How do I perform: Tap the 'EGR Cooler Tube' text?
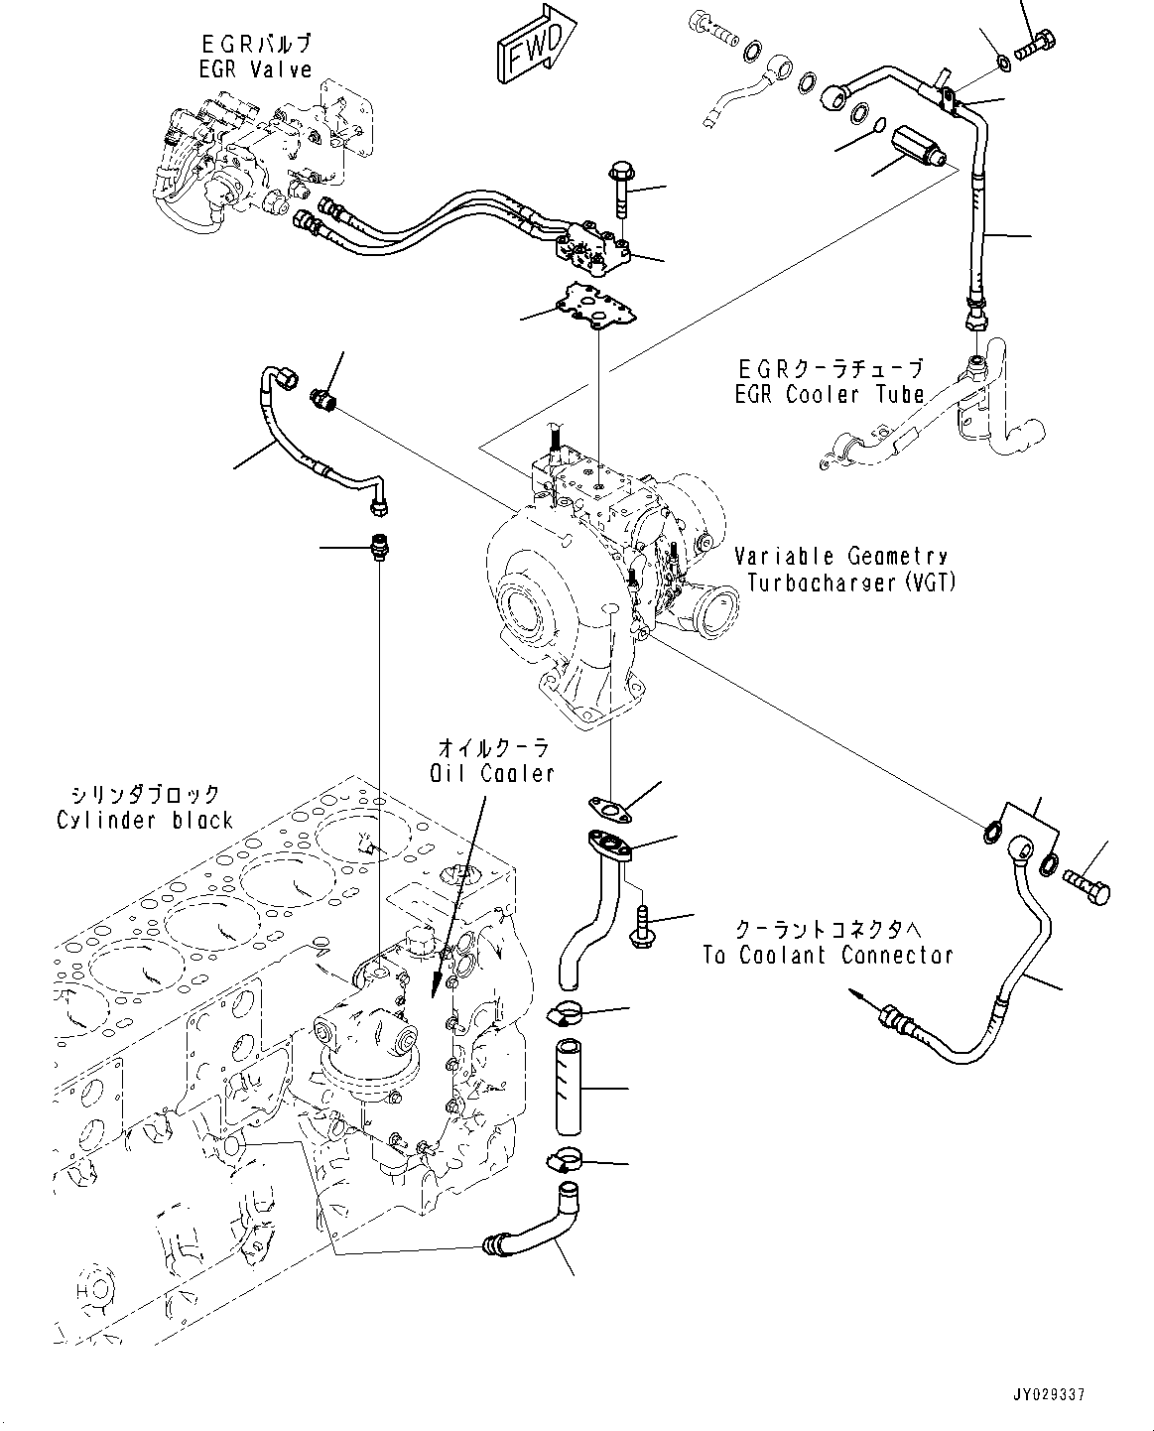pyautogui.click(x=830, y=394)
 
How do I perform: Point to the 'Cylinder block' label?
pyautogui.click(x=145, y=820)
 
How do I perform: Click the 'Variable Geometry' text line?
pyautogui.click(x=840, y=557)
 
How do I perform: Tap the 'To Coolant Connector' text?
pyautogui.click(x=828, y=956)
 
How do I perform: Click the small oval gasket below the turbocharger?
pyautogui.click(x=610, y=808)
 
